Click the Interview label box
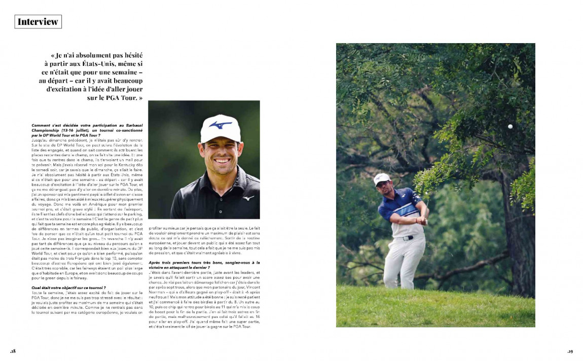pyautogui.click(x=38, y=21)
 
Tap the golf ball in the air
pyautogui.click(x=510, y=126)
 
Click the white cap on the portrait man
pyautogui.click(x=220, y=128)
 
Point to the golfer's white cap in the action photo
pyautogui.click(x=381, y=178)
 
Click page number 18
pyautogui.click(x=13, y=351)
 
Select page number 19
pyautogui.click(x=570, y=351)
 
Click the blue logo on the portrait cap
pyautogui.click(x=221, y=124)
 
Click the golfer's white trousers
pyautogui.click(x=403, y=259)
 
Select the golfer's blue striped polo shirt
pyautogui.click(x=400, y=210)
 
